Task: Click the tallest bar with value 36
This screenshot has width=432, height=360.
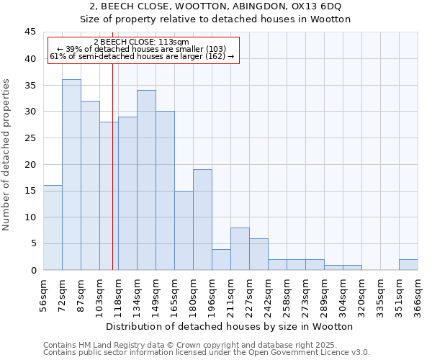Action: coord(71,175)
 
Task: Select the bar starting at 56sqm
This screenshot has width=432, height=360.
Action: coord(53,228)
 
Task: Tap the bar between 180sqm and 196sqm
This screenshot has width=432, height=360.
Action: coord(202,220)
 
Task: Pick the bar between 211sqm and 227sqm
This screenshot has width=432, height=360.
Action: coord(240,249)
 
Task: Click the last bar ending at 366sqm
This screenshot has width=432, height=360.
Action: coord(408,265)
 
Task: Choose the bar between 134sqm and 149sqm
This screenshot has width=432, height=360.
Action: coord(146,180)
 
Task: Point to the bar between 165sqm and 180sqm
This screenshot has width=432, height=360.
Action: coord(184,230)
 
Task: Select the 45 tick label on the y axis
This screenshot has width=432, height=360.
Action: coord(30,32)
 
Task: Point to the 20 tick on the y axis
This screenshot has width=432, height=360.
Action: coord(30,164)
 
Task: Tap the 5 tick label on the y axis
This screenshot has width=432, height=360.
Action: coord(33,243)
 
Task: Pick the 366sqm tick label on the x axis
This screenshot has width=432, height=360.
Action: coord(418,295)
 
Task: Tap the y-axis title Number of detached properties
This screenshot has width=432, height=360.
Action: coord(7,155)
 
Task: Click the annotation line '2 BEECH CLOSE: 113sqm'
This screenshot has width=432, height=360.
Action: coord(141,42)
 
